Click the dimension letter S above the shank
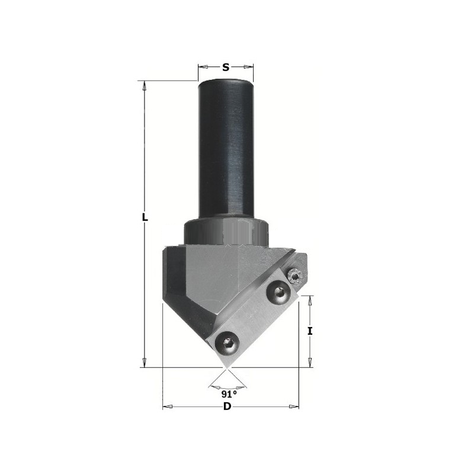[x=226, y=67]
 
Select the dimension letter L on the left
[x=145, y=217]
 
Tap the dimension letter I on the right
[x=309, y=331]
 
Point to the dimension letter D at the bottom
[x=227, y=406]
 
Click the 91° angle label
[x=229, y=394]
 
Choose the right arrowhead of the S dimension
[x=248, y=67]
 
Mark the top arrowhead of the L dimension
[x=145, y=86]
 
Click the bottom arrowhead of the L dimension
[x=145, y=363]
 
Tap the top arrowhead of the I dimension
[x=309, y=300]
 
